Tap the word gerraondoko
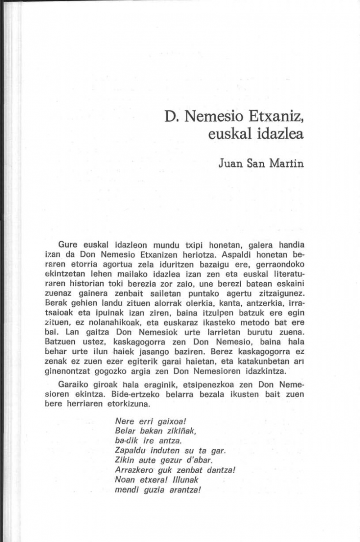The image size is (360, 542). click(x=278, y=263)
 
